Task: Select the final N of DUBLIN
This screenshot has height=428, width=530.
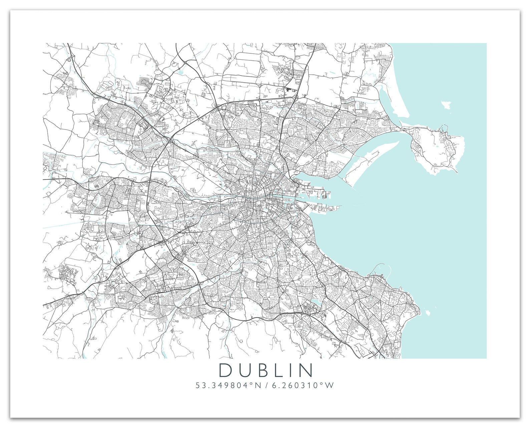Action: (x=307, y=370)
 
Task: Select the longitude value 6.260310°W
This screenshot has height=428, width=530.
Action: (x=303, y=385)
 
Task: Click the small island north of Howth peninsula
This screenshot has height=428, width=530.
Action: (x=447, y=104)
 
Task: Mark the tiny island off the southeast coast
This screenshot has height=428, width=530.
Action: (x=427, y=313)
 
